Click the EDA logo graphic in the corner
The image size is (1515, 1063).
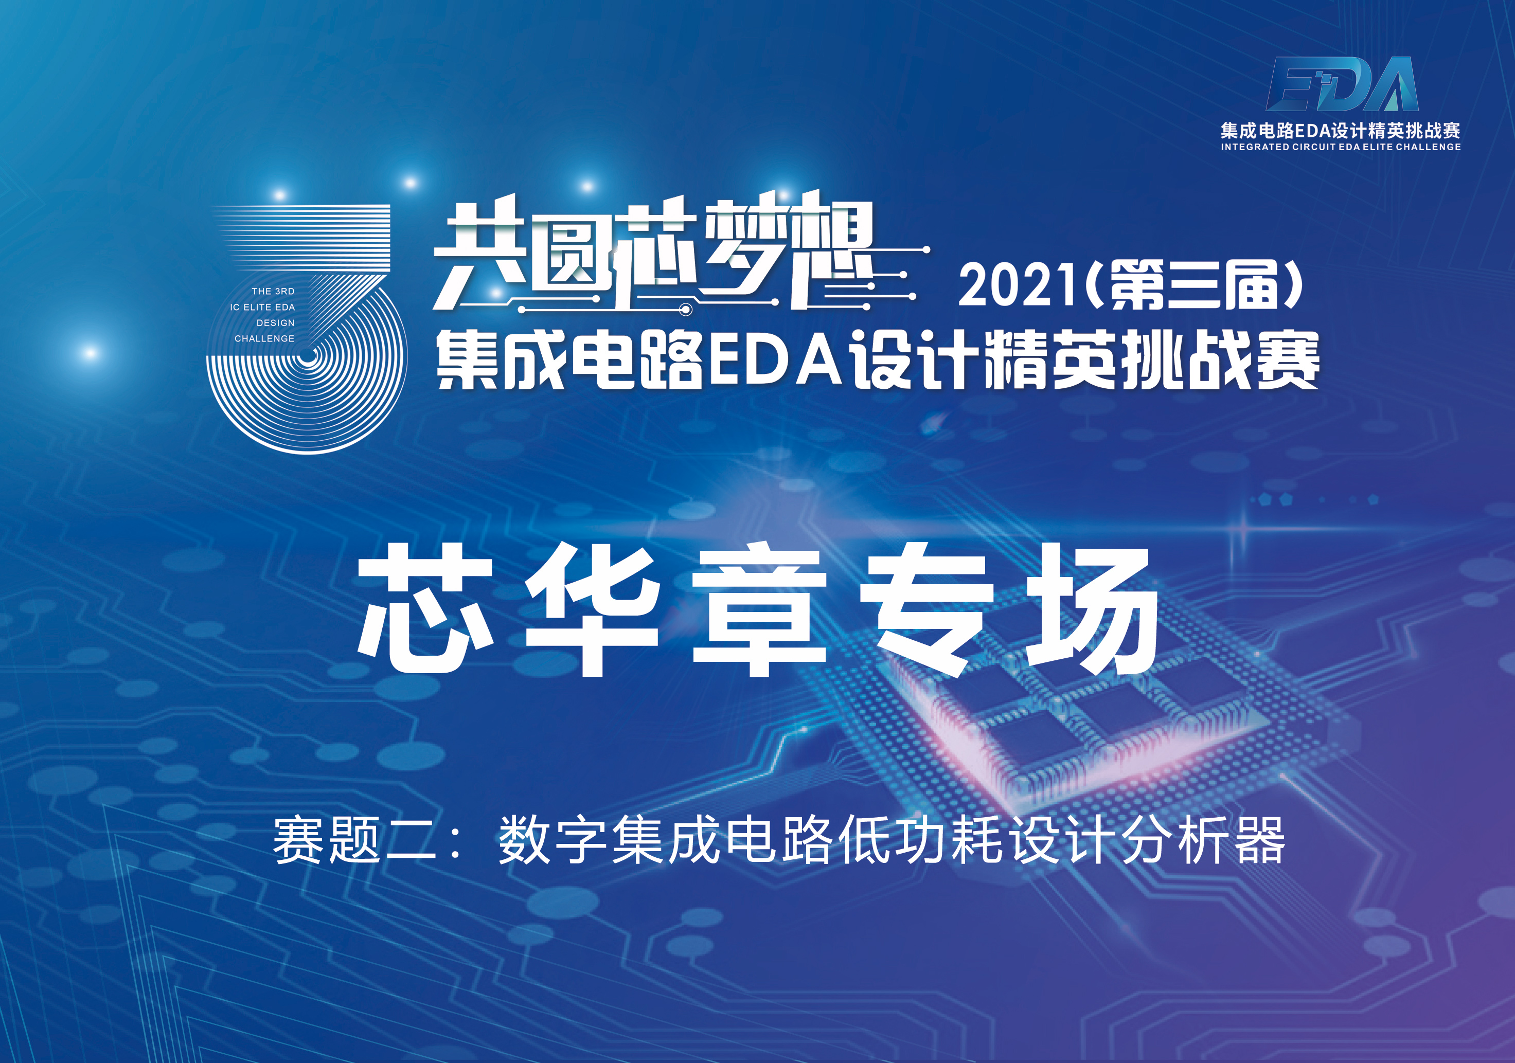(x=1342, y=84)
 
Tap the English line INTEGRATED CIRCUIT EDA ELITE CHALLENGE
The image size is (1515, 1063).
(x=1341, y=147)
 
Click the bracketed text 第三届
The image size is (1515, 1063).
(x=1195, y=285)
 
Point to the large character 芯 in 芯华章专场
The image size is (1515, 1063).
(x=425, y=608)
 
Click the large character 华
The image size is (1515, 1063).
(x=592, y=608)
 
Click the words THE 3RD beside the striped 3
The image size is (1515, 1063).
(x=273, y=291)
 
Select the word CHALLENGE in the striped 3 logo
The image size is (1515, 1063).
(x=264, y=338)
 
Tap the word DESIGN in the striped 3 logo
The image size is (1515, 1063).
(x=276, y=322)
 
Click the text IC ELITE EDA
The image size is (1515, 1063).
(x=263, y=307)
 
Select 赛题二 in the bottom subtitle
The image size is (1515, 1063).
(x=354, y=839)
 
